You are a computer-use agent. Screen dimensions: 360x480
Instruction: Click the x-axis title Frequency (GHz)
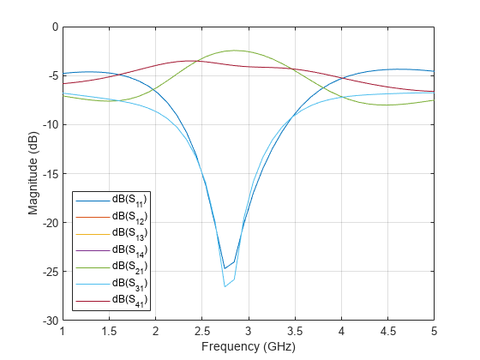pos(248,347)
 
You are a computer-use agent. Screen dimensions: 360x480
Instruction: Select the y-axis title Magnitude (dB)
pos(32,173)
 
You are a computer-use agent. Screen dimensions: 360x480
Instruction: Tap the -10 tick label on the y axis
pos(48,124)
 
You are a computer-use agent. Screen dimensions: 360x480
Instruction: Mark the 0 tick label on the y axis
pos(53,27)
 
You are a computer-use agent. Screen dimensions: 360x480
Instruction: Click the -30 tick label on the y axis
pos(48,321)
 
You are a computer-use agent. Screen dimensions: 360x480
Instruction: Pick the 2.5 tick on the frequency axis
pos(201,331)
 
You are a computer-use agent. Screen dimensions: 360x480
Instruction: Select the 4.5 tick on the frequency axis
pos(387,331)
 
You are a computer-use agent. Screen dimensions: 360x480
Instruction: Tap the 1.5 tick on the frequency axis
pos(109,331)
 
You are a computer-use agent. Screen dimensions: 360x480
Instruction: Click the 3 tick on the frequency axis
pos(249,331)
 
